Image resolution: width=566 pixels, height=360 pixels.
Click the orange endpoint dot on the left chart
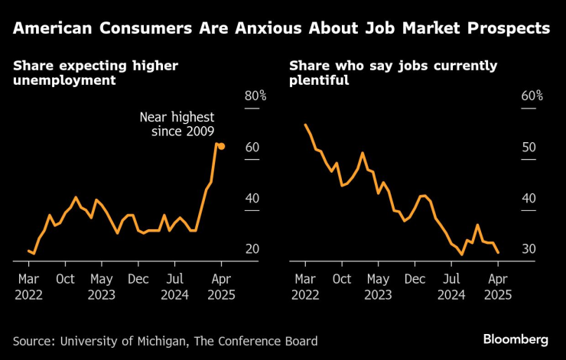coord(221,146)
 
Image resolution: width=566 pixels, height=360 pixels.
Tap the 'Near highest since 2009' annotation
coord(177,125)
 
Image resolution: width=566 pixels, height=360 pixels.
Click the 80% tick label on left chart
coord(255,96)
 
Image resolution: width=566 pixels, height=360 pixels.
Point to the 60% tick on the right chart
coord(532,96)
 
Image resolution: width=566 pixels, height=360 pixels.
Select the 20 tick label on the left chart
coord(252,249)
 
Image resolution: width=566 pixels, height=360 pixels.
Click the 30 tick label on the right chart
coord(529,249)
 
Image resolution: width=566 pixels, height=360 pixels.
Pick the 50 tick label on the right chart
coord(529,148)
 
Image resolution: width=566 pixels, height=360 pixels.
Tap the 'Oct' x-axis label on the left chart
coord(65,279)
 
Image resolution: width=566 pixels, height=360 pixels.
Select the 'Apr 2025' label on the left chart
coord(220,286)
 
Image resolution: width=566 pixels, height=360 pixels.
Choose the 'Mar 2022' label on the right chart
coord(305,286)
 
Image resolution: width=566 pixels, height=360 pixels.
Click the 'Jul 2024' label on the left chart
coord(176,286)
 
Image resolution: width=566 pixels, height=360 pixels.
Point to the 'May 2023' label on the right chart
coord(377,286)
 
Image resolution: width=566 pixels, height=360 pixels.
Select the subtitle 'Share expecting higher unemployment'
coord(95,73)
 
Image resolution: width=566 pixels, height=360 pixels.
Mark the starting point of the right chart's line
coord(305,125)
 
